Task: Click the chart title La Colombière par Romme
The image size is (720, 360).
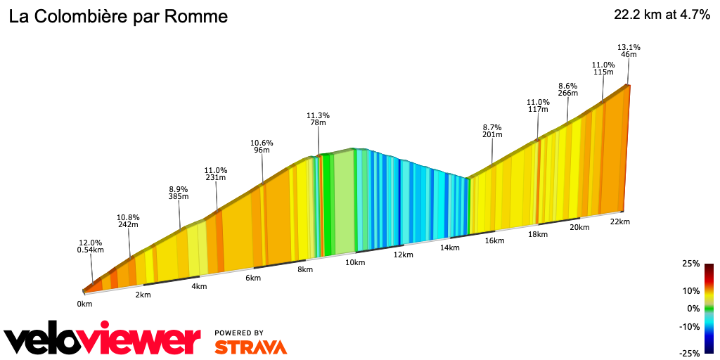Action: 118,17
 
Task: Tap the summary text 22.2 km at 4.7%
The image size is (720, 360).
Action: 662,15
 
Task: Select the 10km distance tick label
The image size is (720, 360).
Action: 355,262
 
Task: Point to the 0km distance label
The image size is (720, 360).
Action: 84,304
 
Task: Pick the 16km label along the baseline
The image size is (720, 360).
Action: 494,240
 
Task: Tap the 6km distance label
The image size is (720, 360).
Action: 253,278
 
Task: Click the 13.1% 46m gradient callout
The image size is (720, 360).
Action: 628,51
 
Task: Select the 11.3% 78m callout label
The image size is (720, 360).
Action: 319,119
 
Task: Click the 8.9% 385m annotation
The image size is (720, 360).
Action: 179,193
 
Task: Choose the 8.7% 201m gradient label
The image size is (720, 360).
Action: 492,131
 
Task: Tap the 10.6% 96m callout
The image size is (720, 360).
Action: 262,146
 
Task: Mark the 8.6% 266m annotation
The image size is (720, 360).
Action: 567,89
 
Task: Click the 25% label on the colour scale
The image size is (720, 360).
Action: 690,264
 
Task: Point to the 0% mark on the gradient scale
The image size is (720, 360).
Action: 693,308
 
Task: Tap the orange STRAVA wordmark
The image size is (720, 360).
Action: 250,347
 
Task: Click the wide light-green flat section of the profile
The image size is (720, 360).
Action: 343,204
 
